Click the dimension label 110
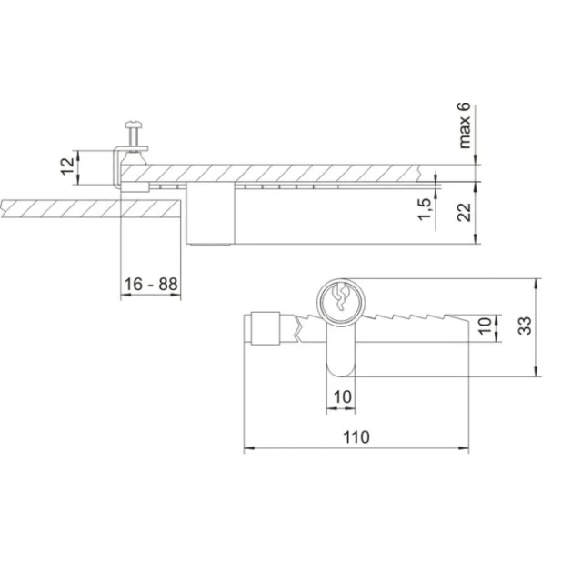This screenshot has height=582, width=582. point(356,437)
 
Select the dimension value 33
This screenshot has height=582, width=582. point(525,326)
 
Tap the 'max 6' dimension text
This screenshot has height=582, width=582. point(465,125)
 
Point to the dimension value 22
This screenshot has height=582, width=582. point(464,212)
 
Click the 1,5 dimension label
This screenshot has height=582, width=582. point(426,209)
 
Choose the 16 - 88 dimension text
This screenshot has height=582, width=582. point(151,285)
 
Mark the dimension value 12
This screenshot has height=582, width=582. point(67,166)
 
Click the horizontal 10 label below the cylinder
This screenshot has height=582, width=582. point(342,397)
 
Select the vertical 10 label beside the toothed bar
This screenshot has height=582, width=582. point(485,326)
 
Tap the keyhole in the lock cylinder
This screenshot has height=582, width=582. point(340,297)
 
